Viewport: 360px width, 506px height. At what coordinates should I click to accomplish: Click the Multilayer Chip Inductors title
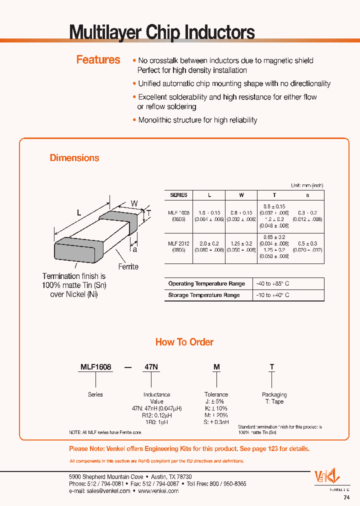pyautogui.click(x=161, y=32)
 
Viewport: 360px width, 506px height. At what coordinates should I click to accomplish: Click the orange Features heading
pyautogui.click(x=98, y=60)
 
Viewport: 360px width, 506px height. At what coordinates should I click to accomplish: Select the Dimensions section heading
pyautogui.click(x=74, y=158)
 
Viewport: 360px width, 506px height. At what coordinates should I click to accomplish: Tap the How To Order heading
pyautogui.click(x=184, y=342)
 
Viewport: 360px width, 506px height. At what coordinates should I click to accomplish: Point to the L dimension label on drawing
pyautogui.click(x=79, y=212)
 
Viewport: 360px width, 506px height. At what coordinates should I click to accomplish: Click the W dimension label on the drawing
pyautogui.click(x=134, y=203)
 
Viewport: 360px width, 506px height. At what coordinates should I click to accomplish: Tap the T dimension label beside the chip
pyautogui.click(x=148, y=213)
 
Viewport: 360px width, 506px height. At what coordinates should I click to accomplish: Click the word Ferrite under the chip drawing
pyautogui.click(x=128, y=266)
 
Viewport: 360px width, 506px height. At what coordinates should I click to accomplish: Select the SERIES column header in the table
pyautogui.click(x=178, y=195)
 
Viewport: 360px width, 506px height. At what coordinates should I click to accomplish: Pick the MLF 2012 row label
pyautogui.click(x=178, y=243)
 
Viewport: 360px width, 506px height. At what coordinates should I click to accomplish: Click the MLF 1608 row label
pyautogui.click(x=178, y=212)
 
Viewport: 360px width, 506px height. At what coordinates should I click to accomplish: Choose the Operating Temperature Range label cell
pyautogui.click(x=206, y=283)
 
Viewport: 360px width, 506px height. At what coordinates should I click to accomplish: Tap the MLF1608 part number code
pyautogui.click(x=96, y=367)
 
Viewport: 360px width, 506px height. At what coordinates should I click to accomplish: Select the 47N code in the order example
pyautogui.click(x=151, y=367)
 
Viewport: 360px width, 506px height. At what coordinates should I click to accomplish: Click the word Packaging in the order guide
pyautogui.click(x=274, y=394)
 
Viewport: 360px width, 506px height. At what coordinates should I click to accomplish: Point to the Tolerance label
pyautogui.click(x=216, y=394)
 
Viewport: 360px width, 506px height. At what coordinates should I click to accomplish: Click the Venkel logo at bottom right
pyautogui.click(x=326, y=477)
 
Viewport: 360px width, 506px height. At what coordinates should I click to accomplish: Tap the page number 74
pyautogui.click(x=346, y=497)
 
